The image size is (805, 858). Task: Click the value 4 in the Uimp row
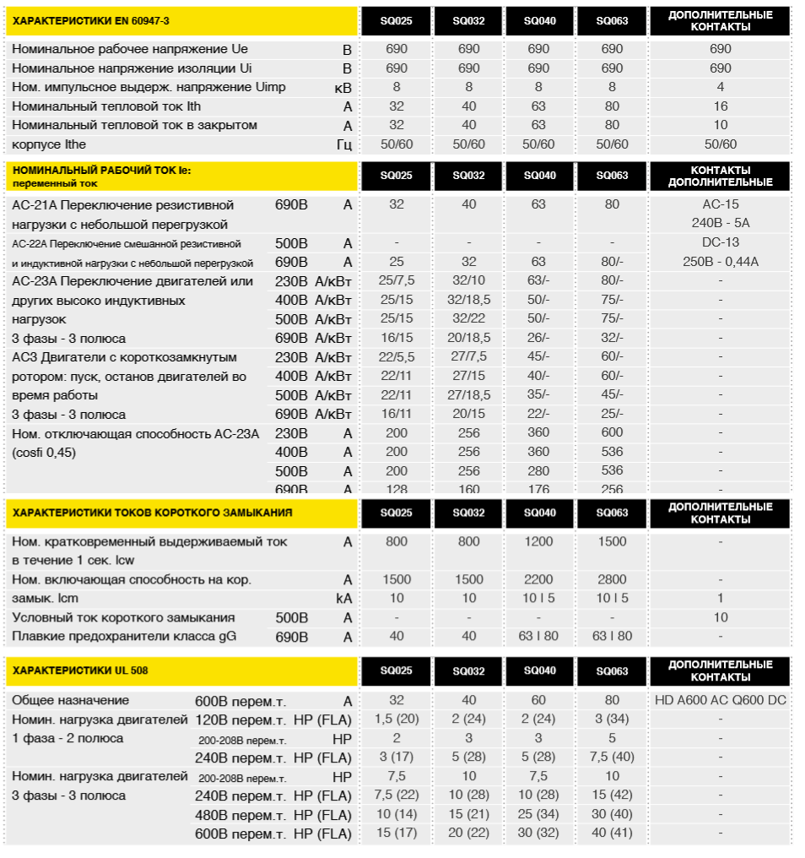(720, 87)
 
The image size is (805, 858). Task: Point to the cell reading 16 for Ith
(720, 106)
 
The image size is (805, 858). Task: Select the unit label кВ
(343, 87)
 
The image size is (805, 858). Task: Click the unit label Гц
(343, 144)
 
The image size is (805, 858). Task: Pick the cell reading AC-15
(720, 204)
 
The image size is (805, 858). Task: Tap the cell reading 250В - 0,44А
(720, 262)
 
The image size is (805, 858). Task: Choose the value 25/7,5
(396, 280)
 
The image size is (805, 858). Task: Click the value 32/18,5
(468, 300)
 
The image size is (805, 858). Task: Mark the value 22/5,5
(396, 356)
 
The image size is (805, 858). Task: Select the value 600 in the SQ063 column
(612, 432)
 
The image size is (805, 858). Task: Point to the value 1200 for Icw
(539, 542)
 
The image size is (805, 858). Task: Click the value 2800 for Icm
(612, 579)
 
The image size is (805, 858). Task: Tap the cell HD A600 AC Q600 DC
(720, 700)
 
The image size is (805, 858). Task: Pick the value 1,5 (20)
(396, 719)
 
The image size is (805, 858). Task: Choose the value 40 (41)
(612, 834)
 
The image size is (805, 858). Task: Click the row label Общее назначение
(70, 700)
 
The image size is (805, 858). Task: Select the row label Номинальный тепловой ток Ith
(106, 106)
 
